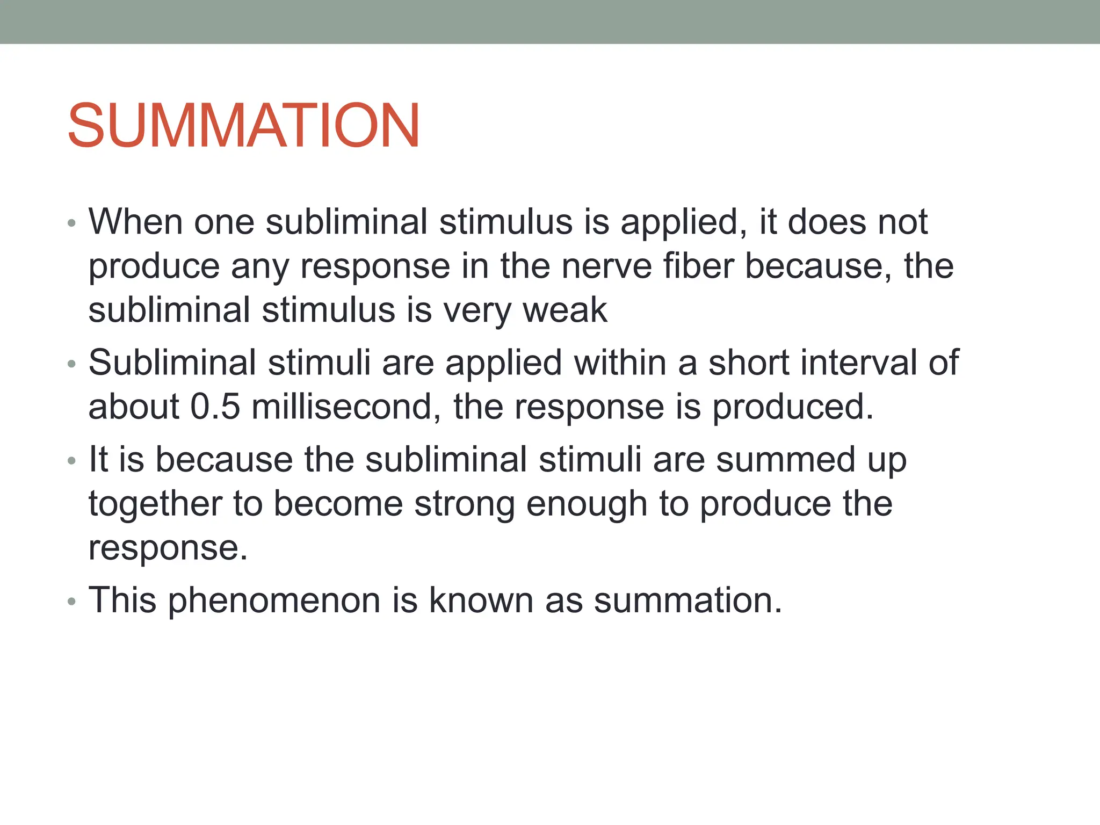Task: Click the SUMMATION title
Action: tap(243, 125)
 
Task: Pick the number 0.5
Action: tap(215, 407)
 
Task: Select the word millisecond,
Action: tap(346, 407)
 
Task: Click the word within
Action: tap(620, 363)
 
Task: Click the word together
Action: tap(155, 504)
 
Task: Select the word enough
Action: tap(587, 504)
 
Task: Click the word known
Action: tap(481, 600)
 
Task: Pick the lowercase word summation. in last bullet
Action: tap(687, 600)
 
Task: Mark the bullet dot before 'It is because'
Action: tap(72, 461)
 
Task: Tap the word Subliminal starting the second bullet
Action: tap(172, 363)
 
